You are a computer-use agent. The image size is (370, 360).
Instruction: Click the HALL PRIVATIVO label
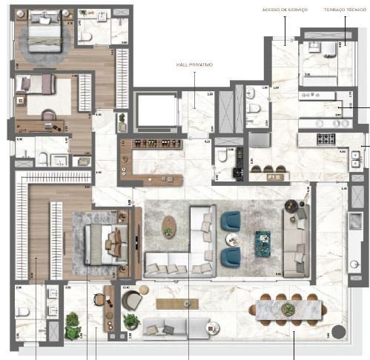pos(195,65)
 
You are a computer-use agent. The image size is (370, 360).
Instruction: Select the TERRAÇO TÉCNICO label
pos(345,10)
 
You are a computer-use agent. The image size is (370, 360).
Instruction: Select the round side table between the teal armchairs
pos(231,239)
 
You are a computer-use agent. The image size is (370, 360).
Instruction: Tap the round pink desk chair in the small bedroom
pos(49,115)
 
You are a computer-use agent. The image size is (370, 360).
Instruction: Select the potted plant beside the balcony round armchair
pos(131,321)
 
